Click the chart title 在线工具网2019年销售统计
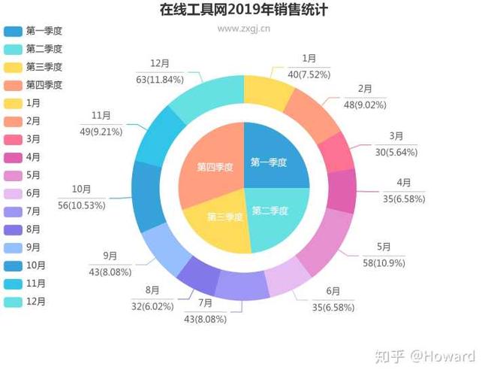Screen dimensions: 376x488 click(244, 11)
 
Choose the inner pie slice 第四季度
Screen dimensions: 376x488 click(215, 166)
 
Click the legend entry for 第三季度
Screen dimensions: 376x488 click(44, 67)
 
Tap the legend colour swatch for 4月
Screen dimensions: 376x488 click(13, 157)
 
